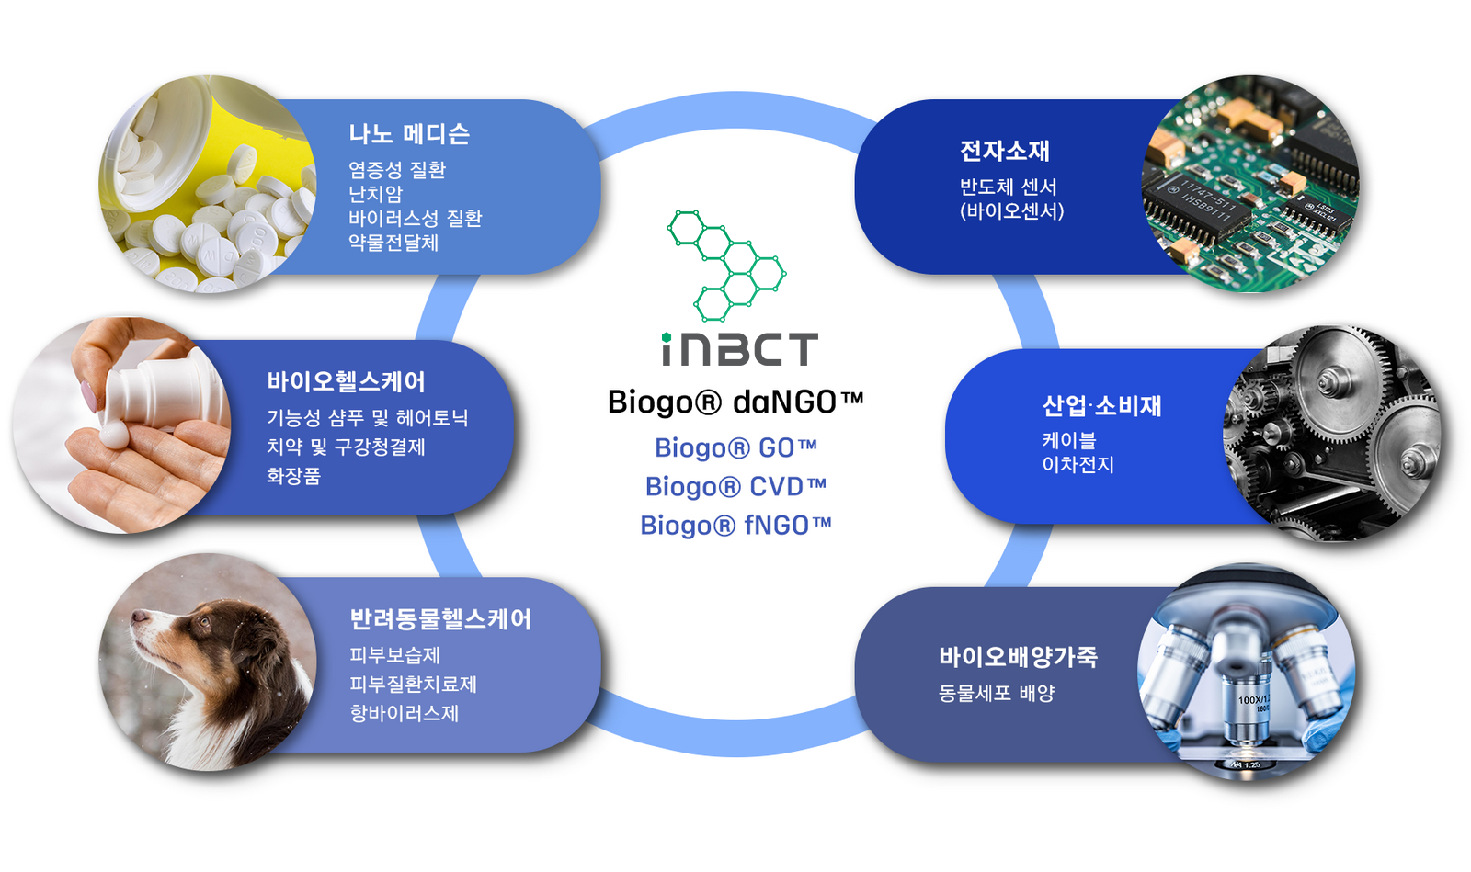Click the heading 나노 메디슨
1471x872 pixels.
click(409, 134)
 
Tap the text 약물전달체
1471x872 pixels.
click(393, 243)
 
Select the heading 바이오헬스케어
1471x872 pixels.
click(346, 381)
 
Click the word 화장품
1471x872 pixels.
click(293, 475)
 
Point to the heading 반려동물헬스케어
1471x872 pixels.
click(440, 618)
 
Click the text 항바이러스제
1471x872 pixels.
click(404, 712)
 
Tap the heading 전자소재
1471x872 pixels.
click(1005, 151)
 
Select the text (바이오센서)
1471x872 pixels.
click(1012, 210)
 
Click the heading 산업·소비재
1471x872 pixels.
click(1102, 405)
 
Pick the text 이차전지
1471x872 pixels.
click(1078, 465)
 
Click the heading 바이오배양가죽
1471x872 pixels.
click(1018, 657)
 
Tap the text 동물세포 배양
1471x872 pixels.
click(997, 693)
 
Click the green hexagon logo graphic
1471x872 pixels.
click(726, 266)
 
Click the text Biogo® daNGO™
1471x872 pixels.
click(735, 402)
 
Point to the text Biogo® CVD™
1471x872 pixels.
click(735, 487)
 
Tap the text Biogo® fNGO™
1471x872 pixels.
click(735, 526)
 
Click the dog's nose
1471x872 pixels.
click(137, 616)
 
